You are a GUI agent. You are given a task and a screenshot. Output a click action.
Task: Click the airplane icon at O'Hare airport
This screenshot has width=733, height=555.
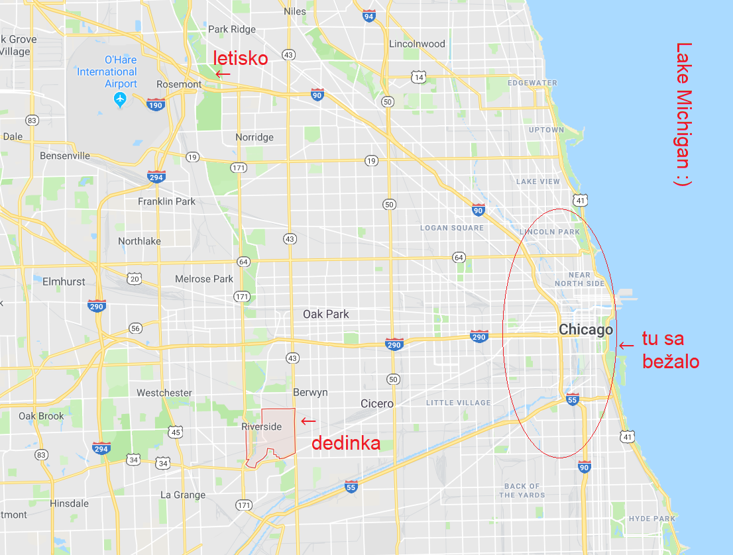coord(119,100)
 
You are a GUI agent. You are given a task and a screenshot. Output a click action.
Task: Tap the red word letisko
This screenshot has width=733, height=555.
coord(240,58)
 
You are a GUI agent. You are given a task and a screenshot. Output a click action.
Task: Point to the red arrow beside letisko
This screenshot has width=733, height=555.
coord(223,74)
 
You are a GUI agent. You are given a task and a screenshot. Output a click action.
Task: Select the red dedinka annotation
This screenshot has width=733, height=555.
coord(346,443)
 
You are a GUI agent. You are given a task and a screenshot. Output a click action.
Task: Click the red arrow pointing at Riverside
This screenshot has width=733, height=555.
coord(308,421)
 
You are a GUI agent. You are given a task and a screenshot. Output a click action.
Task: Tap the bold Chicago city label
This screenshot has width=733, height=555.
coord(585,329)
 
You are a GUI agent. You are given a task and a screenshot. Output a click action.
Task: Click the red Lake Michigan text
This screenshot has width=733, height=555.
coord(683,115)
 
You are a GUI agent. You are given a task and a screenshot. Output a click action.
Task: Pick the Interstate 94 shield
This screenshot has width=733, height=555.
coord(369,16)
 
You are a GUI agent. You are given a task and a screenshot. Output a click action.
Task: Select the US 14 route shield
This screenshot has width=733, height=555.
coord(418,77)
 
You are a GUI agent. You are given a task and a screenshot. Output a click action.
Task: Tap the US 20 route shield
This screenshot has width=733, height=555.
coord(135,278)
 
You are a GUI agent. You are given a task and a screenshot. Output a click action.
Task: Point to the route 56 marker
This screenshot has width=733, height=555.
coord(135,328)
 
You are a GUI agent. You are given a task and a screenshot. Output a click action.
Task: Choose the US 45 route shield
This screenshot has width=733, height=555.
coord(175,432)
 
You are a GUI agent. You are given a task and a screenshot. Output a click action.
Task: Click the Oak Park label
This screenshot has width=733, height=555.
coord(325,314)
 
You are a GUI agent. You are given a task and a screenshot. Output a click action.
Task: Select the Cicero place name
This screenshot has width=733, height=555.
coord(377,403)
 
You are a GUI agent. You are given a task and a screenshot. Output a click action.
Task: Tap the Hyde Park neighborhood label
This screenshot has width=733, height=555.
coord(652,519)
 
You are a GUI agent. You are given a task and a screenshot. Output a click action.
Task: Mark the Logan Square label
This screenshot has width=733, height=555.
coord(452,228)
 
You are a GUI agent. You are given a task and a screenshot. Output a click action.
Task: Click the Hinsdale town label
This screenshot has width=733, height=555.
coord(69,503)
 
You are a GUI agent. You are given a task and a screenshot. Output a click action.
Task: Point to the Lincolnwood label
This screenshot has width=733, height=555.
coord(417,44)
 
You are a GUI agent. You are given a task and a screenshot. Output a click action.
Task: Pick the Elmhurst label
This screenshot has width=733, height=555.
coord(64,281)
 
